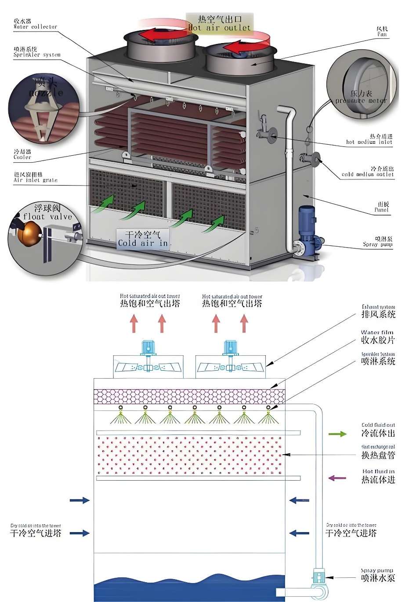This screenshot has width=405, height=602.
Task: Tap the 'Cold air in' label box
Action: coord(143,239)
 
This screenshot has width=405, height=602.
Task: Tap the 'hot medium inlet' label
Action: coord(369,139)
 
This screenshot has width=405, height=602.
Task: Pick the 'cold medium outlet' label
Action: coord(368,171)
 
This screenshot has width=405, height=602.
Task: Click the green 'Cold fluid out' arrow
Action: coord(337,434)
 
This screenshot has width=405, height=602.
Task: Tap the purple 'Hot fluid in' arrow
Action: coord(337,478)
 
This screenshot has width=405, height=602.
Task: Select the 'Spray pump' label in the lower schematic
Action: coord(378,575)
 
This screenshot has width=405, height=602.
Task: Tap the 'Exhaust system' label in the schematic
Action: coord(378,311)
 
